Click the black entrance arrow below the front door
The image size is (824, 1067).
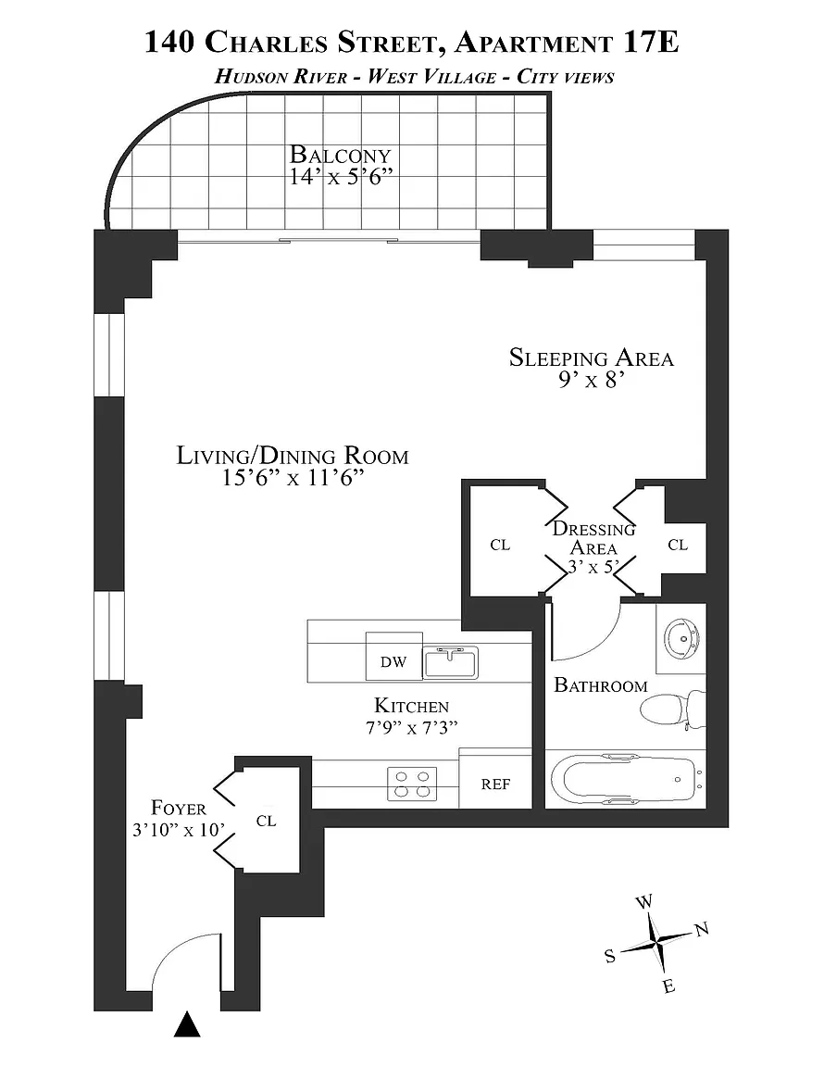coord(187,1024)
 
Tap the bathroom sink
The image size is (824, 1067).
coord(681,639)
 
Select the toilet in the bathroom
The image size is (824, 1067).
coord(673,709)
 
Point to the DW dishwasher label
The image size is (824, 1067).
coord(393,661)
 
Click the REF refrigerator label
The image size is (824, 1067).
coord(495,784)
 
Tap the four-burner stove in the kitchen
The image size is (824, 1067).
coord(412,784)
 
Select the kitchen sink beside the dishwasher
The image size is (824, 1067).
coord(451,662)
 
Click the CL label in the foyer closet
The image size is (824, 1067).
coord(266,822)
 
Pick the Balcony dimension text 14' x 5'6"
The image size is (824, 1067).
coord(342,177)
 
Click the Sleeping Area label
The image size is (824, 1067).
coord(592,358)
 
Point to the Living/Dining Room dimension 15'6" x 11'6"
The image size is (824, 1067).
coord(293,478)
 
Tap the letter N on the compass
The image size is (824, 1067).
coord(702,928)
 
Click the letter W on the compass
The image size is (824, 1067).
coord(643,902)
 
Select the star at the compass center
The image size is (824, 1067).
coord(655,943)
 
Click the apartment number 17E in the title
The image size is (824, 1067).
coord(651,43)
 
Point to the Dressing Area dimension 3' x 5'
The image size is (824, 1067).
coord(593,567)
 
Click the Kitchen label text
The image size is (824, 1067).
coord(412,706)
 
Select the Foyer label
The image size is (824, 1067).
coord(179,808)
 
